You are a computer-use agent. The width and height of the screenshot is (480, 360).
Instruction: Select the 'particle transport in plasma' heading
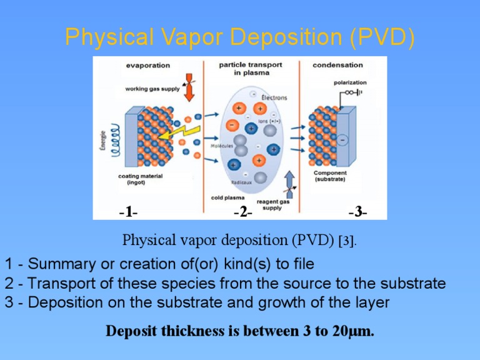coord(250,69)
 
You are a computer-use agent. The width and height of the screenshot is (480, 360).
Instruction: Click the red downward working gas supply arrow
coord(190,91)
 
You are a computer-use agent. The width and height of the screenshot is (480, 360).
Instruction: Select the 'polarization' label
coord(350,82)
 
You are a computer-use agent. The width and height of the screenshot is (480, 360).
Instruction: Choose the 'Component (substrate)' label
coord(330,176)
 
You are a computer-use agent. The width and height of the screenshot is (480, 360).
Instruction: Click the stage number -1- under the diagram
coord(127,212)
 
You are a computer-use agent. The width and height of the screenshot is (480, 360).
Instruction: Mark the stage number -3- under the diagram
coord(357,212)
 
